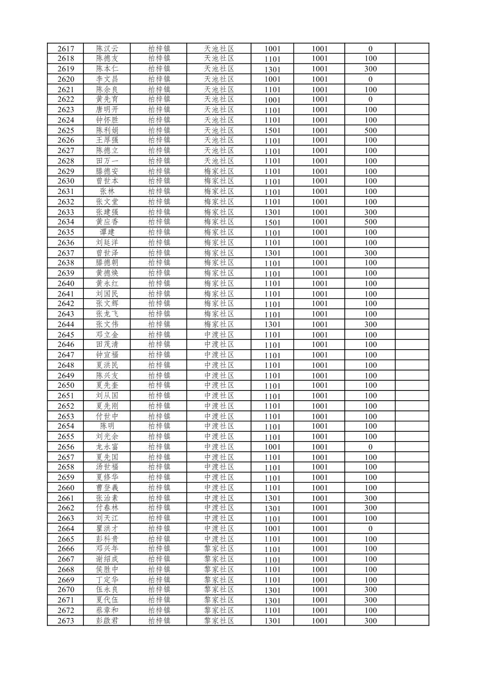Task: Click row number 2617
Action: point(66,49)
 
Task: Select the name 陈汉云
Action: point(107,49)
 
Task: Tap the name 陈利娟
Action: point(107,130)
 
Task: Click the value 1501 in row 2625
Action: point(272,130)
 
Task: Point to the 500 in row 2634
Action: point(370,222)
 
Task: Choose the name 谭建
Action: point(107,233)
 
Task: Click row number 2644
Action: point(66,324)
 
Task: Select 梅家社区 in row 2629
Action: point(219,171)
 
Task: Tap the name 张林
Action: point(107,192)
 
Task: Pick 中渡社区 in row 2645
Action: point(219,335)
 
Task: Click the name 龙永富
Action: point(107,447)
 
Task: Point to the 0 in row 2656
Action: point(370,447)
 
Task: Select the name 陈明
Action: point(107,426)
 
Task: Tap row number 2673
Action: point(66,621)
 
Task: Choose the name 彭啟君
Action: point(107,621)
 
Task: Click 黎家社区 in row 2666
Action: point(219,549)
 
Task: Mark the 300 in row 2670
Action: point(370,590)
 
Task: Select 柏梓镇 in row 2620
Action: point(159,79)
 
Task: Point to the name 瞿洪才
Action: point(107,528)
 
